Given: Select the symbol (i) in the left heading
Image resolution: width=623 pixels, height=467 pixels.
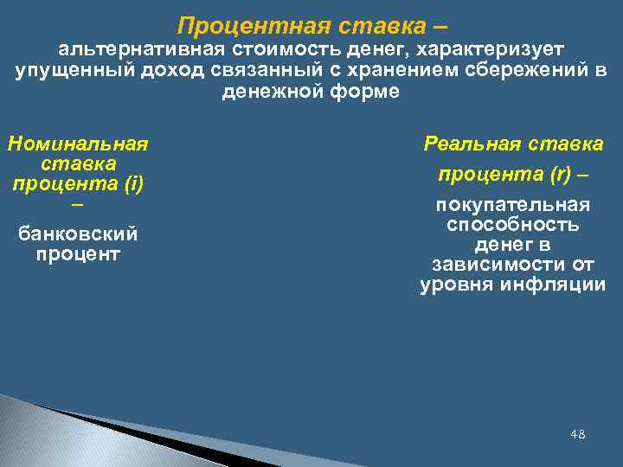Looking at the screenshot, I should (133, 182).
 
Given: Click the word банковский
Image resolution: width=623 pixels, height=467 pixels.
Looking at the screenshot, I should (78, 234).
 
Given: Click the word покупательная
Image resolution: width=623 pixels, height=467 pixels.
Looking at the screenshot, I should (513, 205).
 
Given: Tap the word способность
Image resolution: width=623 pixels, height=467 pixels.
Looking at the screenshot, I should (513, 225).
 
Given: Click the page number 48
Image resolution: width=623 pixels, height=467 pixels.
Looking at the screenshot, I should (578, 433).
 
